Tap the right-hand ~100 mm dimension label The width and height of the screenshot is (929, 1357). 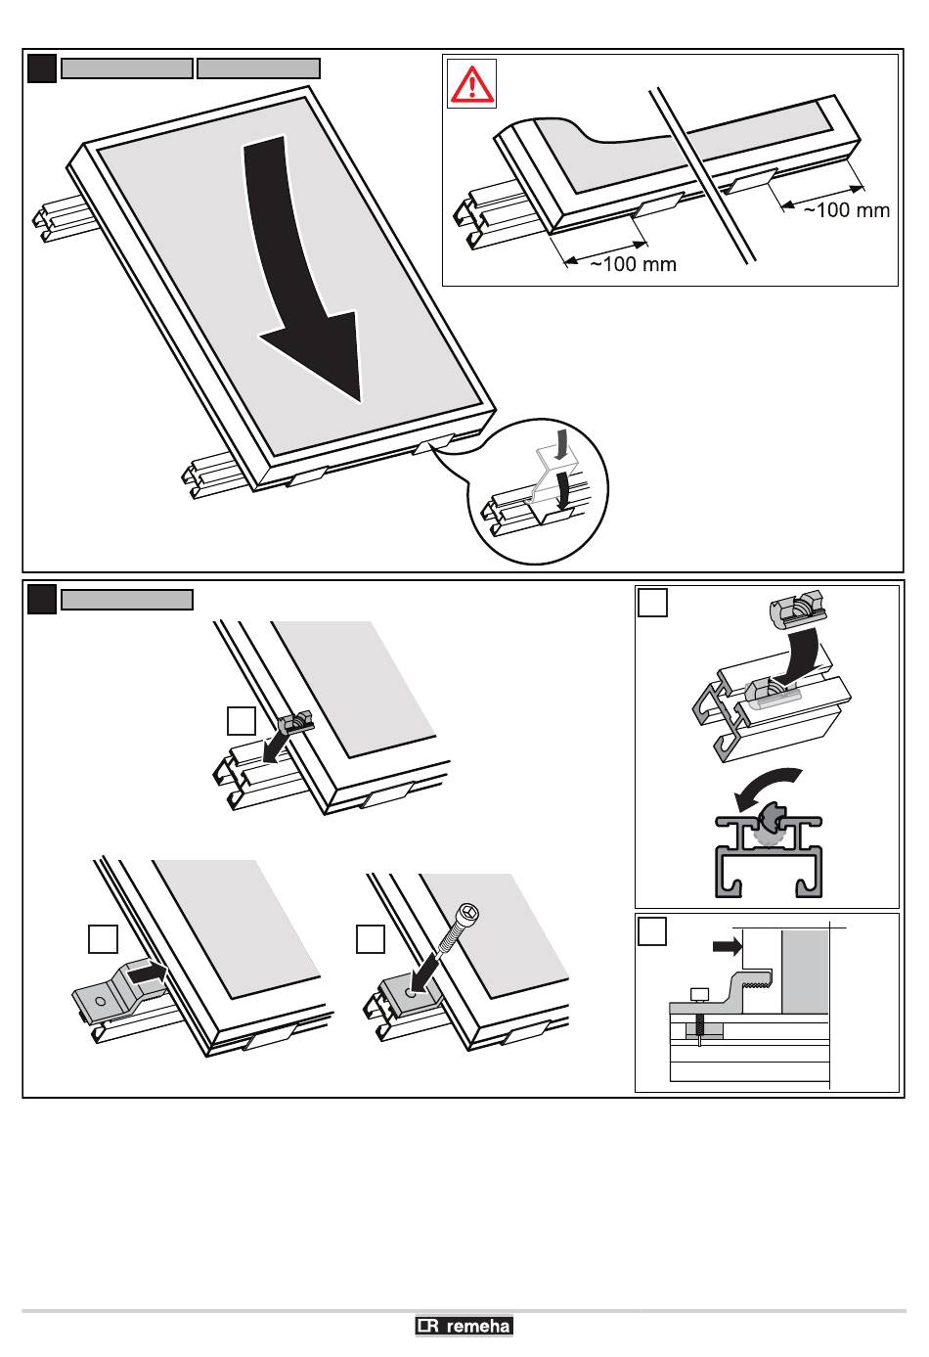click(847, 209)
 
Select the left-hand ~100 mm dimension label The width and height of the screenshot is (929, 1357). click(633, 264)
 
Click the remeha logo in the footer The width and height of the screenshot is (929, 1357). click(464, 1327)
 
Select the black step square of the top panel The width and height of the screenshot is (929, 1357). click(42, 68)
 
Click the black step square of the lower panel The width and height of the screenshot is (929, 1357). click(42, 599)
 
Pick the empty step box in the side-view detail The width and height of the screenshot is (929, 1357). click(652, 930)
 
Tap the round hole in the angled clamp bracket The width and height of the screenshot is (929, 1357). click(101, 1001)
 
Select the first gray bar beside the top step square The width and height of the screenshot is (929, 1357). click(127, 68)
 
